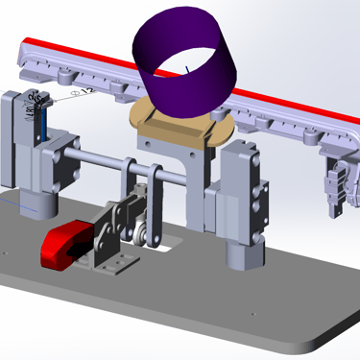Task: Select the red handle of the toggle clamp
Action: (63, 244)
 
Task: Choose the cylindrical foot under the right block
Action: (241, 255)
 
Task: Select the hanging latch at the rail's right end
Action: (336, 187)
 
